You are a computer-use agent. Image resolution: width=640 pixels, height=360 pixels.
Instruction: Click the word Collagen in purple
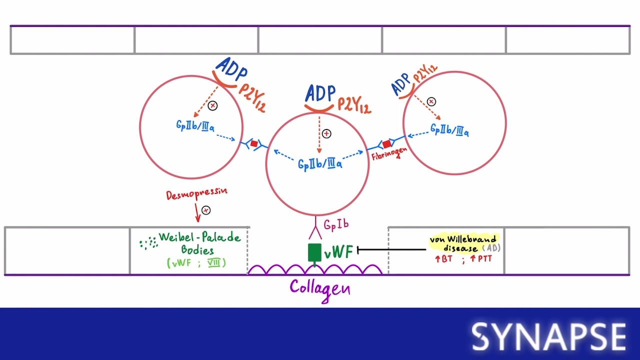tap(320, 288)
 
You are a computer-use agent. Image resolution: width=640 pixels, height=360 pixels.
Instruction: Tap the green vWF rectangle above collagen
tap(314, 252)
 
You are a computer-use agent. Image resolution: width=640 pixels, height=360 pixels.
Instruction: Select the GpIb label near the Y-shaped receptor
tap(335, 225)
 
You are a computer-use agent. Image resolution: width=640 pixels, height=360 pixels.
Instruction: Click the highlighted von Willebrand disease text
tap(463, 243)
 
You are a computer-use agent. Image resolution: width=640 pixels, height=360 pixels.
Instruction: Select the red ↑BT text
tap(443, 259)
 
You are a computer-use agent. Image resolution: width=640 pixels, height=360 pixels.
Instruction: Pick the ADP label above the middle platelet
tap(320, 94)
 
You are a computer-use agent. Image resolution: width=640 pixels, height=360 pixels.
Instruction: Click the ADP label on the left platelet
tap(231, 69)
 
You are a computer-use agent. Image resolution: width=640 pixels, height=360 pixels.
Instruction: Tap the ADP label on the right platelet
tap(401, 83)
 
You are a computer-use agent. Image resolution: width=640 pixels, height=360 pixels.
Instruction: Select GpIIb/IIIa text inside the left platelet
tap(195, 126)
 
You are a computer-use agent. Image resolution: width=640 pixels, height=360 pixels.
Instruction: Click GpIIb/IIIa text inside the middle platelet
tap(320, 163)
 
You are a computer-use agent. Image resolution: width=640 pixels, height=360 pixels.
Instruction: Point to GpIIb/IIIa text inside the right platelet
tap(449, 130)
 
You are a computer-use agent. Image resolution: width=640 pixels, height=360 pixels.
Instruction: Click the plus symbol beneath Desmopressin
tap(205, 210)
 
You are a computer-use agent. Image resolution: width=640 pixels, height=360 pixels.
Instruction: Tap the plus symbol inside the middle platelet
tap(326, 133)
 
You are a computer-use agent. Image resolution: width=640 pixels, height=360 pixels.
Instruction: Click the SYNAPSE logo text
tap(549, 336)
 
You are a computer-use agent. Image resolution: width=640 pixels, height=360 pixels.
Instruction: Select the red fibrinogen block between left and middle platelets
tap(254, 144)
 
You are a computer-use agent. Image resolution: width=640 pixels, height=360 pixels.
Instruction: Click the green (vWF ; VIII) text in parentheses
tap(196, 262)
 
